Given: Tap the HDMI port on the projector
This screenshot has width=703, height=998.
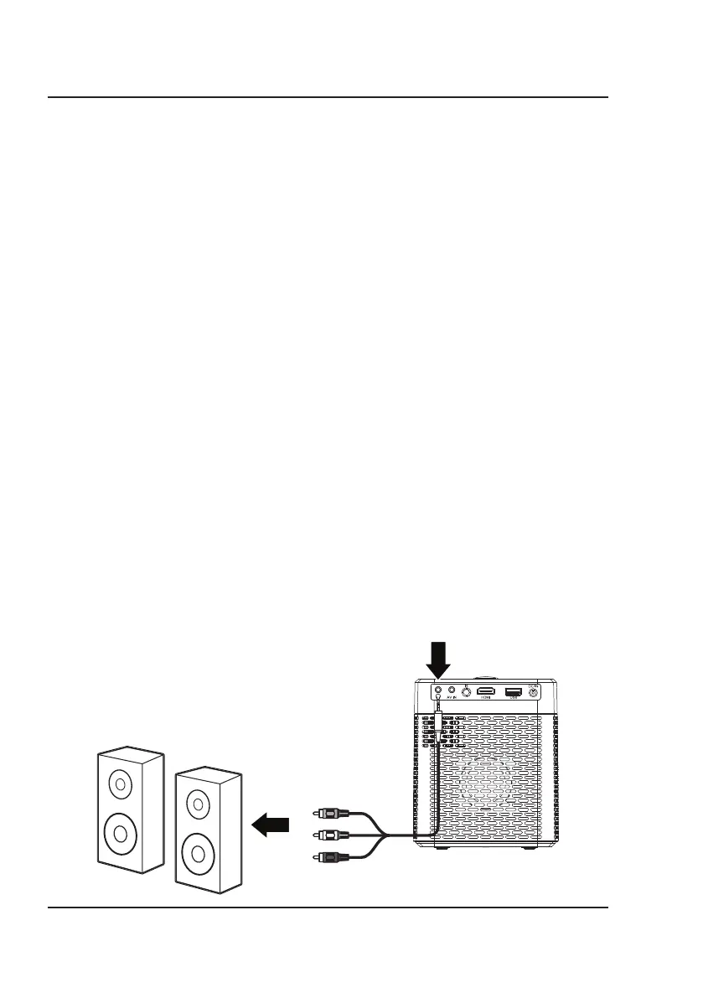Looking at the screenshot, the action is [485, 691].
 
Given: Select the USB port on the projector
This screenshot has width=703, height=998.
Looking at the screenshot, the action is [513, 691].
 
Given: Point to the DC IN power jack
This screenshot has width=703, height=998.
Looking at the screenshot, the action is [532, 692].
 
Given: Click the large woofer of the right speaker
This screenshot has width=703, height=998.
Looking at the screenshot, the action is [198, 854].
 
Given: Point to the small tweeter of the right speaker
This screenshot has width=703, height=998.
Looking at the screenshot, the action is [198, 805].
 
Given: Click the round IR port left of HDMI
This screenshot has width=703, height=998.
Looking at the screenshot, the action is [466, 692].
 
